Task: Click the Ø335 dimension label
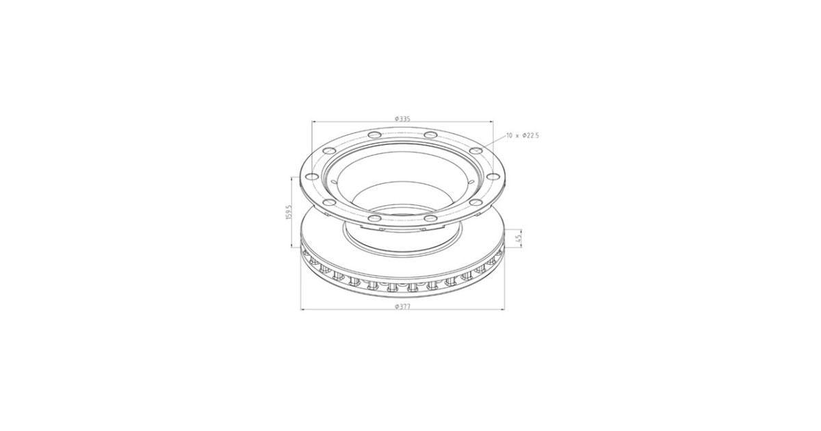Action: (402, 118)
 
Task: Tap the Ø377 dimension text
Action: (402, 307)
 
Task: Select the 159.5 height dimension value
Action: (289, 212)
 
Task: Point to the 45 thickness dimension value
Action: (517, 238)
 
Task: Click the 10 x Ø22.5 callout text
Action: (523, 135)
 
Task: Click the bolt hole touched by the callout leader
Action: (476, 151)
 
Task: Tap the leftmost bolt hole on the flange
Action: (312, 177)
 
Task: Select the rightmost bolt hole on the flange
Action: (492, 177)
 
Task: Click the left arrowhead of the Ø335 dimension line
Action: (313, 122)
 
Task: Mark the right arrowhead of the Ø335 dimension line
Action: (491, 122)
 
